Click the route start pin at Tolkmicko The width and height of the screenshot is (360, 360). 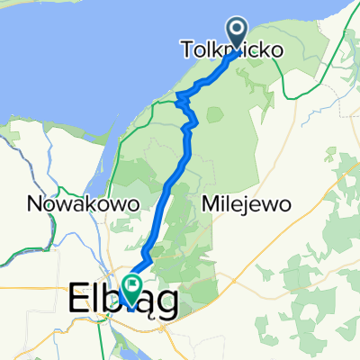[238, 34]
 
